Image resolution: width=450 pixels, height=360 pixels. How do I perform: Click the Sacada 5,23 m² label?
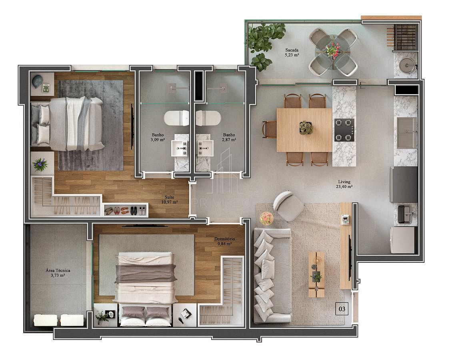tap(292, 52)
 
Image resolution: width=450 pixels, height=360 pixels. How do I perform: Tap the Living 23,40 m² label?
tap(344, 184)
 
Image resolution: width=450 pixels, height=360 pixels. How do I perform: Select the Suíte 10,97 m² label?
tap(169, 200)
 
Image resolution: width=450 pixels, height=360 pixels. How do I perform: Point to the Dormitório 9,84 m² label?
tap(224, 241)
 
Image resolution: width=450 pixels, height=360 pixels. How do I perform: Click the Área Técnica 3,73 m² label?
tap(58, 273)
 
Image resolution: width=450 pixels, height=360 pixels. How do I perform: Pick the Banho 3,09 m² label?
tap(158, 137)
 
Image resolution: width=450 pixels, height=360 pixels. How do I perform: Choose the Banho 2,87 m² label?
tap(229, 137)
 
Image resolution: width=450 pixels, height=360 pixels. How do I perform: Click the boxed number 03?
tap(342, 309)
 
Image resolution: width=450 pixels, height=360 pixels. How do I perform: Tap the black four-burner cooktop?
tap(344, 130)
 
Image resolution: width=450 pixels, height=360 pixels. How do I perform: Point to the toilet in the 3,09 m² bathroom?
tap(176, 118)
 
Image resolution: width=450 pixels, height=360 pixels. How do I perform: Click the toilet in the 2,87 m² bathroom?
tap(208, 118)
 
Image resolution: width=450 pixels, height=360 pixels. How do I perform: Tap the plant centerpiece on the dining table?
tap(306, 128)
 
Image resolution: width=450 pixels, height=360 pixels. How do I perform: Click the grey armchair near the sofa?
tap(288, 206)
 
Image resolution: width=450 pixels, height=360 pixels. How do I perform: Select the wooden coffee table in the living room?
tap(316, 275)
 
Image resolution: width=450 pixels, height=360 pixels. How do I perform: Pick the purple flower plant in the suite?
tap(40, 165)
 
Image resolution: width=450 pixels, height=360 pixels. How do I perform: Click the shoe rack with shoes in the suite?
tap(126, 210)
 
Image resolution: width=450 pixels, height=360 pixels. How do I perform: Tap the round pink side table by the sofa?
tap(267, 218)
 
